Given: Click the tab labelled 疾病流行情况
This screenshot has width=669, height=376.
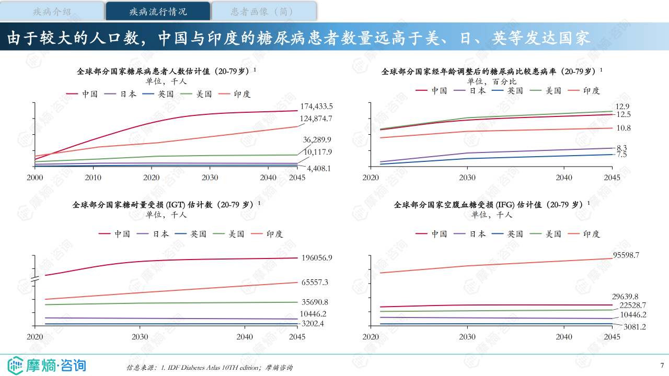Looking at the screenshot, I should point(158,11).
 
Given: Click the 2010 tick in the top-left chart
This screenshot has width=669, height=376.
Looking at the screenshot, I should point(93,178).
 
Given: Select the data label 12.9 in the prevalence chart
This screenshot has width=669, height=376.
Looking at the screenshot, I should point(622,107).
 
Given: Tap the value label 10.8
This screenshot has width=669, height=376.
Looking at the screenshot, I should point(624,128).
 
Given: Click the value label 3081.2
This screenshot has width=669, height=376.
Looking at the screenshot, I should point(635,327).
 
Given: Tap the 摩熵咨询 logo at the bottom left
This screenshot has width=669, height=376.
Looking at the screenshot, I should point(47,365).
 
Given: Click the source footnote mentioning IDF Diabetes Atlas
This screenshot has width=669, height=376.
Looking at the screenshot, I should point(209,368).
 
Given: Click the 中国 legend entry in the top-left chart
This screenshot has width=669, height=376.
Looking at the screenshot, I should point(82,94).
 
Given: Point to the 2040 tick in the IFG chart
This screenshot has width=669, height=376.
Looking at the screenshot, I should point(564,337).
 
